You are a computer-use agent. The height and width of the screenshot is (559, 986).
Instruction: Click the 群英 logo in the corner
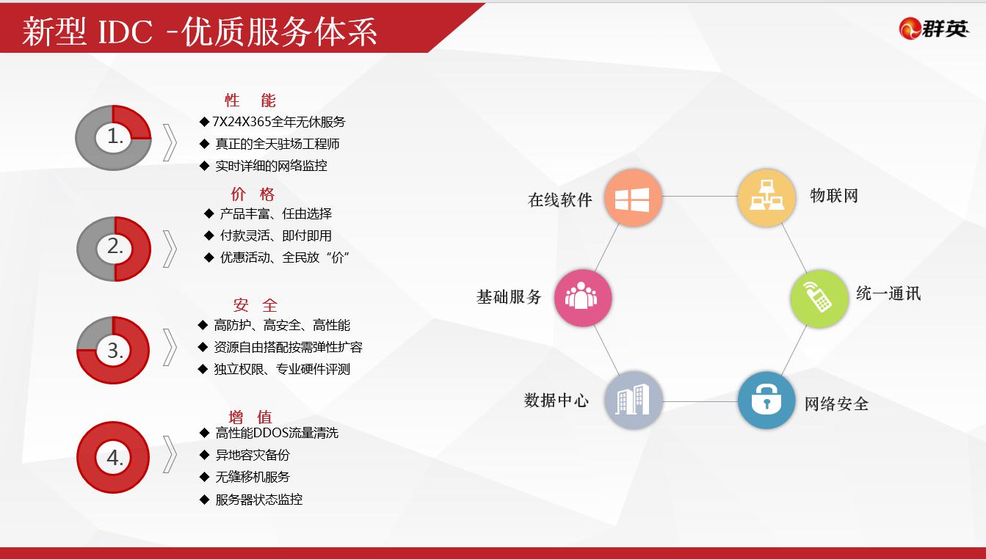coord(933,29)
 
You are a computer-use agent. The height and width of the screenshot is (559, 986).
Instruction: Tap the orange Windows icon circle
coord(633,198)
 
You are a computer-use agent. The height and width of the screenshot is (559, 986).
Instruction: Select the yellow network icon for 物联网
coord(766,198)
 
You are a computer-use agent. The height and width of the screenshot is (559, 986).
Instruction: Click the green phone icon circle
coord(819,299)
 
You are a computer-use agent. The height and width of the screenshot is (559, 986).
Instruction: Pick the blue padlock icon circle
coord(766,401)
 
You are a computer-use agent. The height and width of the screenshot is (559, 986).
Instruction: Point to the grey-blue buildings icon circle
coord(633,401)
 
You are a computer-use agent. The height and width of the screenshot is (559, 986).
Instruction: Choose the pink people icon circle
coord(583,298)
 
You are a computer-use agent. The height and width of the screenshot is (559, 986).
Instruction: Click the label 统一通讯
coord(888,293)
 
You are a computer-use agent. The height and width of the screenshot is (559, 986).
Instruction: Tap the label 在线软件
coord(560,200)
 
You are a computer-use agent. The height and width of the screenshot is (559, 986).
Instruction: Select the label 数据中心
coord(556,401)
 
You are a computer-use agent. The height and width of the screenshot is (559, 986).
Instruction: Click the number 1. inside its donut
coord(115,136)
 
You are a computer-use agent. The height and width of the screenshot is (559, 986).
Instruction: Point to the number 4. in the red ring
coord(115,458)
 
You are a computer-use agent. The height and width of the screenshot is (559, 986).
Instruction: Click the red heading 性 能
coord(250,101)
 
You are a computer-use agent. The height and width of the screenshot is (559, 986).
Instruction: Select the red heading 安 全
coord(255,304)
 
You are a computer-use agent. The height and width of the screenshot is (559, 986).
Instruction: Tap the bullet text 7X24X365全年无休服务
coord(279,122)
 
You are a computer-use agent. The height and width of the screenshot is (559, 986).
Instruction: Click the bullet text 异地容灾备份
coord(253,455)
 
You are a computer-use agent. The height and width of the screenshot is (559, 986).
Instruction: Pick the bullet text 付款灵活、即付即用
coord(275,235)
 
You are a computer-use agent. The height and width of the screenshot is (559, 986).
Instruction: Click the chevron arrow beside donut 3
coord(170,348)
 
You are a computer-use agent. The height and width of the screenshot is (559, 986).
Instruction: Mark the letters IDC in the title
coord(125,32)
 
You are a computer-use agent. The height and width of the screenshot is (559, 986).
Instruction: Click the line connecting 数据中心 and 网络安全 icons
coord(700,401)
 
